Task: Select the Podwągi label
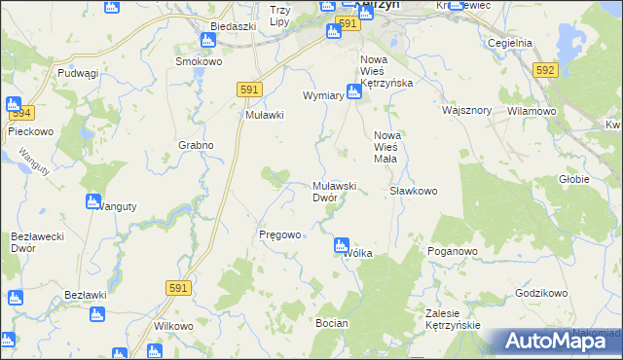[79, 73]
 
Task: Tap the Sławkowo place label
[413, 191]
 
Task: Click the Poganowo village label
[453, 250]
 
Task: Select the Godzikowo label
[541, 293]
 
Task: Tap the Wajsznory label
[465, 111]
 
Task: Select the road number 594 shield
[23, 112]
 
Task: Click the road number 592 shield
[545, 70]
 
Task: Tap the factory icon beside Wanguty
[93, 202]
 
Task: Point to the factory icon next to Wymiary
[355, 92]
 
